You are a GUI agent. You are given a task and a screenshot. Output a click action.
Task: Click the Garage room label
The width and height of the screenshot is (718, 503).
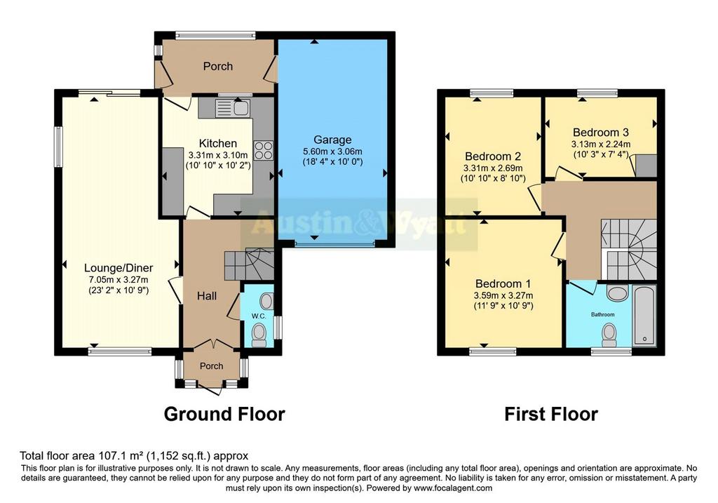[x=332, y=140]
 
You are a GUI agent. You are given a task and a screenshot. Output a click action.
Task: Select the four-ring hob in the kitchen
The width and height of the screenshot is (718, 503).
[x=264, y=150]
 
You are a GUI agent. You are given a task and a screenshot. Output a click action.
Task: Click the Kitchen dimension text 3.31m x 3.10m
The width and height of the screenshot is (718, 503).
[x=218, y=155]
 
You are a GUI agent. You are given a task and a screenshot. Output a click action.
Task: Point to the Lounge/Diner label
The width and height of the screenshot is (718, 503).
[x=118, y=268]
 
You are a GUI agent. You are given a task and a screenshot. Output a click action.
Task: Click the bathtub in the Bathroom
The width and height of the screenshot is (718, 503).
[x=644, y=316]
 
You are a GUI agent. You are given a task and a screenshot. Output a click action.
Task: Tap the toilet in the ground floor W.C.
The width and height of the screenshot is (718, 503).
[x=259, y=336]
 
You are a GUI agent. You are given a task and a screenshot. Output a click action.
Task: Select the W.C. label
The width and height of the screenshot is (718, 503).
[x=259, y=316]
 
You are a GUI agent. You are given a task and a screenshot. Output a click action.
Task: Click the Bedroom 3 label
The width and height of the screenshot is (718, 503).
[x=601, y=133]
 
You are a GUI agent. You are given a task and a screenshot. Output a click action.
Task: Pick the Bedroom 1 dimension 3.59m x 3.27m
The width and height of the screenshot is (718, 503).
[x=503, y=295]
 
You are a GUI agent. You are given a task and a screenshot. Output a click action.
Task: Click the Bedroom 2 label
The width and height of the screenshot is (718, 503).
[x=493, y=156]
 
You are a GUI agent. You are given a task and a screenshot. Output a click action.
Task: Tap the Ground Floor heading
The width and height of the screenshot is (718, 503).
[x=224, y=414]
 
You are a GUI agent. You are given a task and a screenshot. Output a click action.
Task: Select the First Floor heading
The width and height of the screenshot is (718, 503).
[x=551, y=414]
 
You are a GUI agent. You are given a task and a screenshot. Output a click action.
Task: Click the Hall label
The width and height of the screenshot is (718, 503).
[x=207, y=296]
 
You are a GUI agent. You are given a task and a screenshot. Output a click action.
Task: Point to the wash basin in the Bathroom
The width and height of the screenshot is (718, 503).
[x=617, y=293]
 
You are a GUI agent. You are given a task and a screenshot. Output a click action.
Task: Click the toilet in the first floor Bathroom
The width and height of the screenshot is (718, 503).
[x=609, y=335]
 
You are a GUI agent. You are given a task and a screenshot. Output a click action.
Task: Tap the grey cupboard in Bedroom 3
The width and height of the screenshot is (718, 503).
[x=646, y=166]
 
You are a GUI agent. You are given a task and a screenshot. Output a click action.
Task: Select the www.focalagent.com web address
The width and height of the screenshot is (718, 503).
[x=453, y=488]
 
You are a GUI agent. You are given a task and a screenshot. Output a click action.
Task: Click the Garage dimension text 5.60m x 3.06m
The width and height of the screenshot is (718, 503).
[x=332, y=151]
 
